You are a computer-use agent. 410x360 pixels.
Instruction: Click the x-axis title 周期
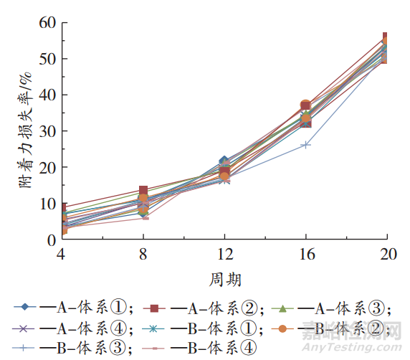coord(224,278)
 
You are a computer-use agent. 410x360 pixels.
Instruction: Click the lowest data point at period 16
coord(306,145)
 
